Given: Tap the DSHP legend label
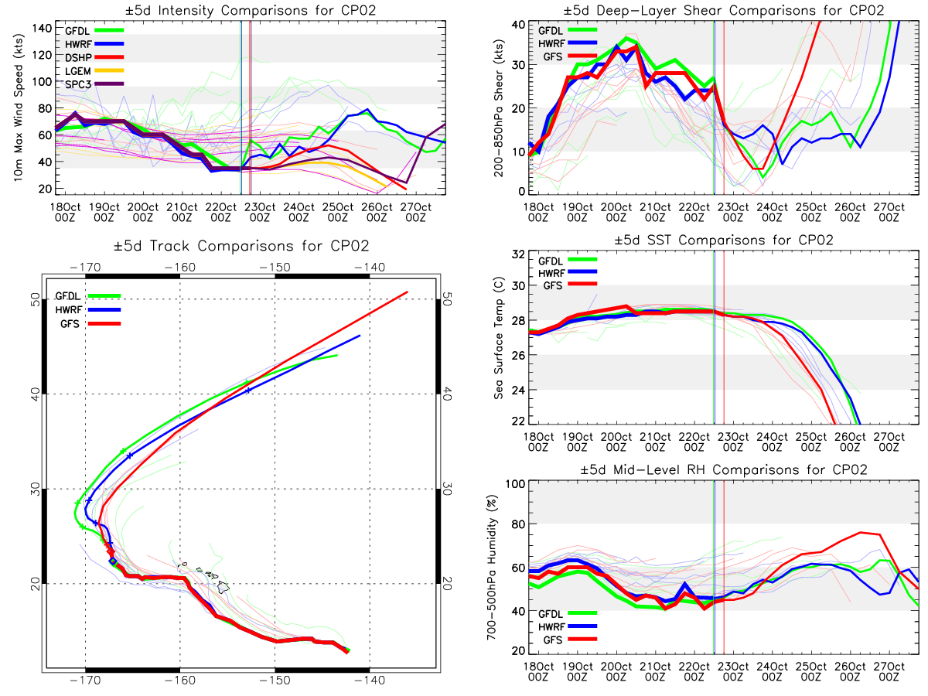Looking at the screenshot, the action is (78, 57).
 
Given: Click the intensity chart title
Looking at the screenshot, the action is (251, 10).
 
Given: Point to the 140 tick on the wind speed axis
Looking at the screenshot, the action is (42, 29).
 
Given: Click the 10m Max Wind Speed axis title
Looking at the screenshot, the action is (19, 107).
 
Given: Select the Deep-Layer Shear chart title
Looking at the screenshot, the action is (723, 10).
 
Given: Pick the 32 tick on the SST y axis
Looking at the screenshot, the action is (518, 254).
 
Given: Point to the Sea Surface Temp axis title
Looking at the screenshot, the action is (499, 338).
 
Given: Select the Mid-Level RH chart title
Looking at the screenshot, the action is (723, 470).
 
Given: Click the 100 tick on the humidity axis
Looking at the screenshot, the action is (515, 484).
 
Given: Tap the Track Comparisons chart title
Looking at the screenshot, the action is (241, 246).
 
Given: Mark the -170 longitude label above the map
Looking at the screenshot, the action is (85, 268).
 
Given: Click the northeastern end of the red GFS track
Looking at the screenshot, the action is (408, 292).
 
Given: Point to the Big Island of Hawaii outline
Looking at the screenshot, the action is (223, 586).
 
